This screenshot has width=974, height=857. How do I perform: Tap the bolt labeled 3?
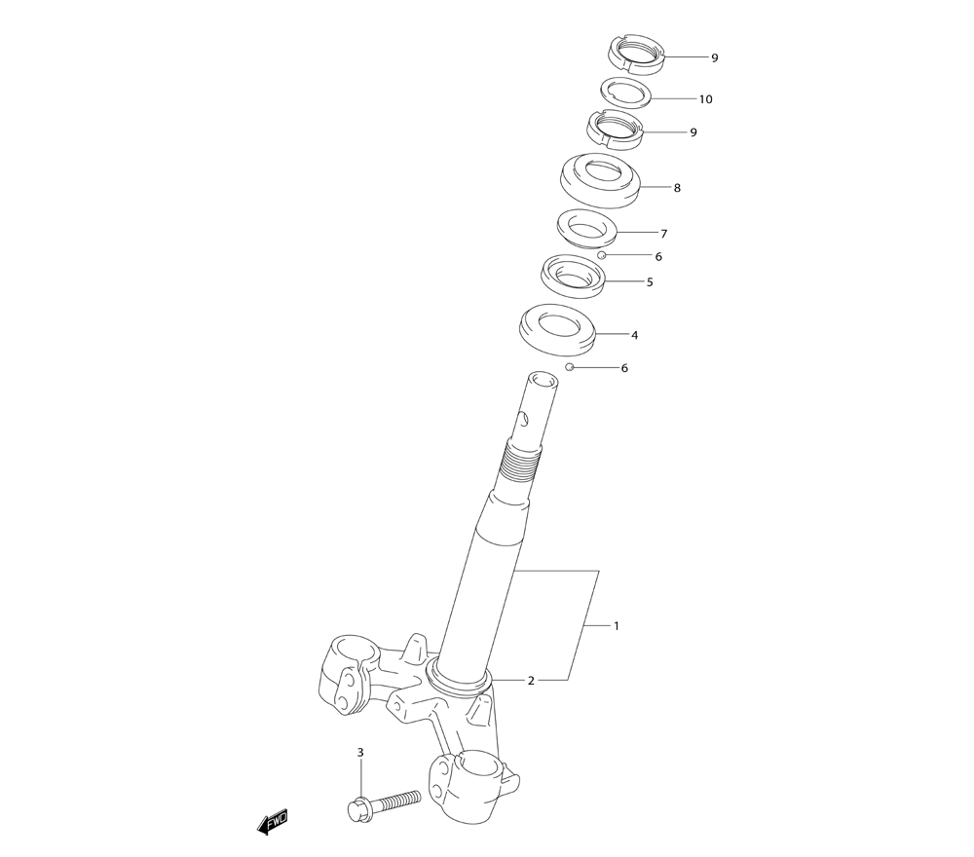pyautogui.click(x=383, y=803)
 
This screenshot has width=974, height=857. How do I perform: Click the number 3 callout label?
pyautogui.click(x=360, y=753)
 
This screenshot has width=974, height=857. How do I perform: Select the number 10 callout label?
pyautogui.click(x=705, y=99)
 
